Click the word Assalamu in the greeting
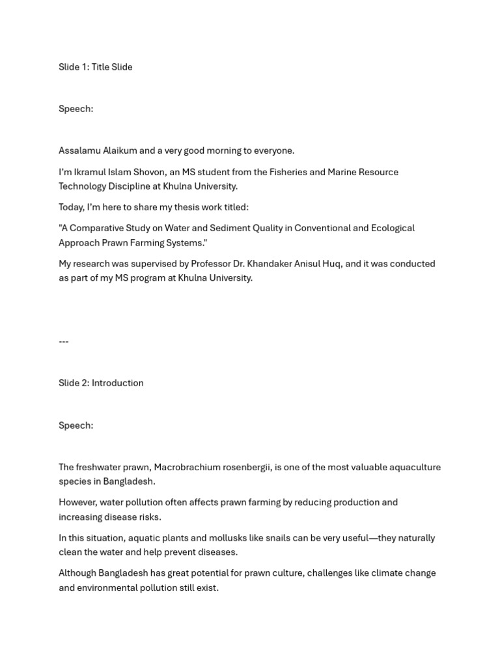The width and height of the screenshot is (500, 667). pyautogui.click(x=79, y=150)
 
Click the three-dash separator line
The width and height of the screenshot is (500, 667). pyautogui.click(x=64, y=341)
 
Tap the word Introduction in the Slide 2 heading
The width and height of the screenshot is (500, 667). pyautogui.click(x=118, y=383)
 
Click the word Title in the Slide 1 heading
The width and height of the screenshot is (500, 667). pyautogui.click(x=101, y=67)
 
